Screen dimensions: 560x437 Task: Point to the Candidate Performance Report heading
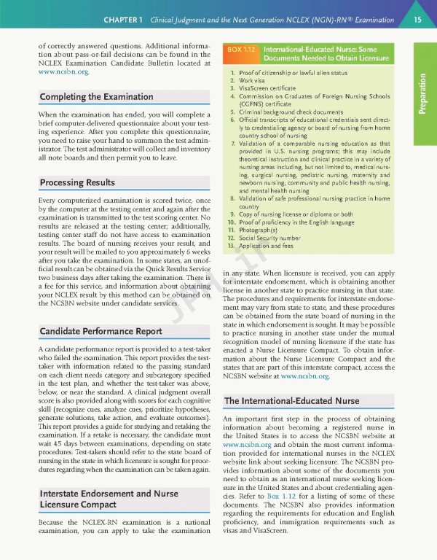90,331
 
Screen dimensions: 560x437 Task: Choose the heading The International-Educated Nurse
291,401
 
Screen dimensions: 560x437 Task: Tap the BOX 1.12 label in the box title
241,49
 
